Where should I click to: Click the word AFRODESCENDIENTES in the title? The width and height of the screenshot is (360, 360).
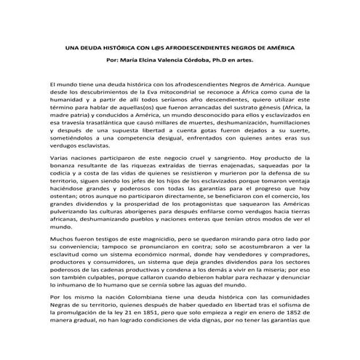tap(185, 47)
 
